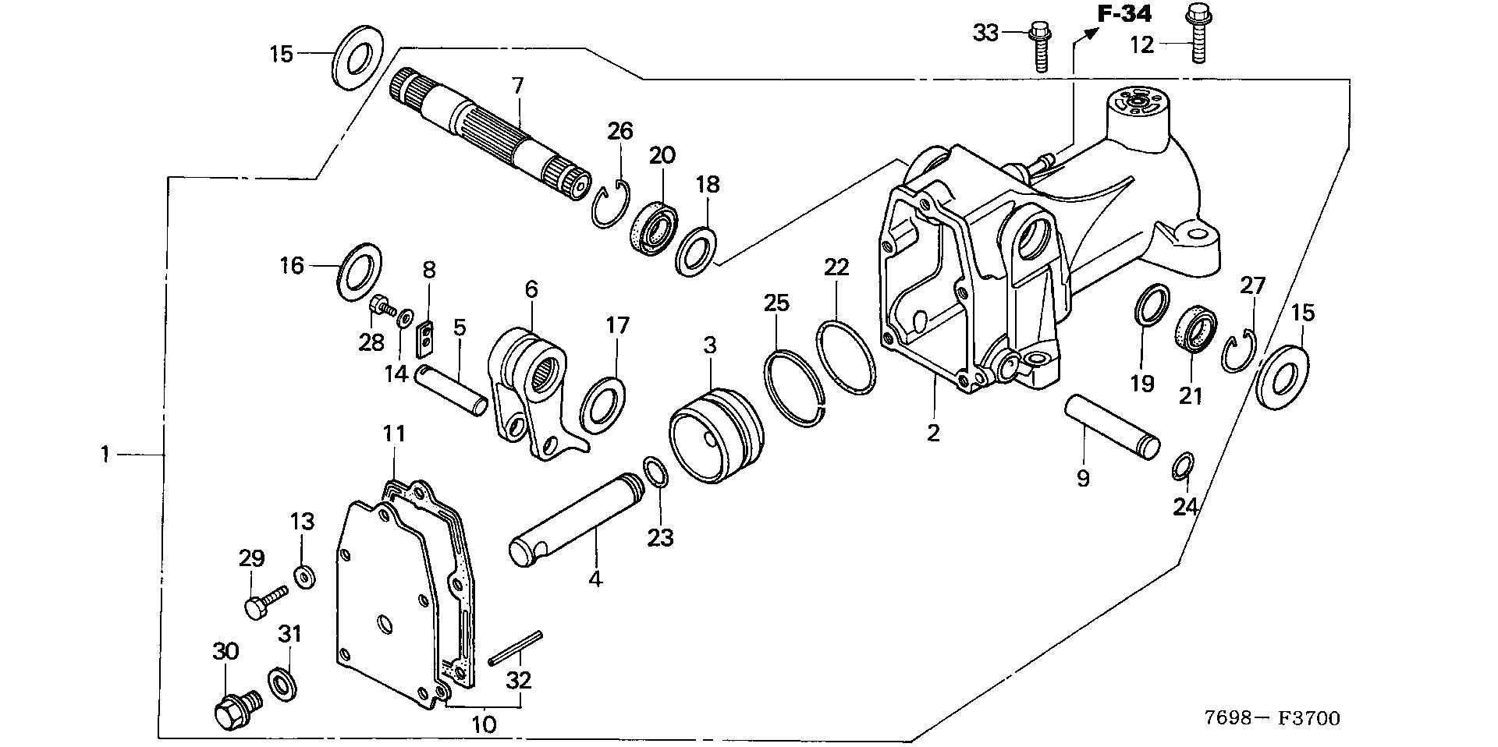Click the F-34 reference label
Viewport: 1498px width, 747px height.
pyautogui.click(x=1124, y=13)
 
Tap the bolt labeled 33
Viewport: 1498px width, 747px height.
pyautogui.click(x=1039, y=47)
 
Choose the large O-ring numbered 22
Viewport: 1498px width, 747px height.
pyautogui.click(x=845, y=356)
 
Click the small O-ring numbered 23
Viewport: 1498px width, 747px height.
pyautogui.click(x=655, y=473)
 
